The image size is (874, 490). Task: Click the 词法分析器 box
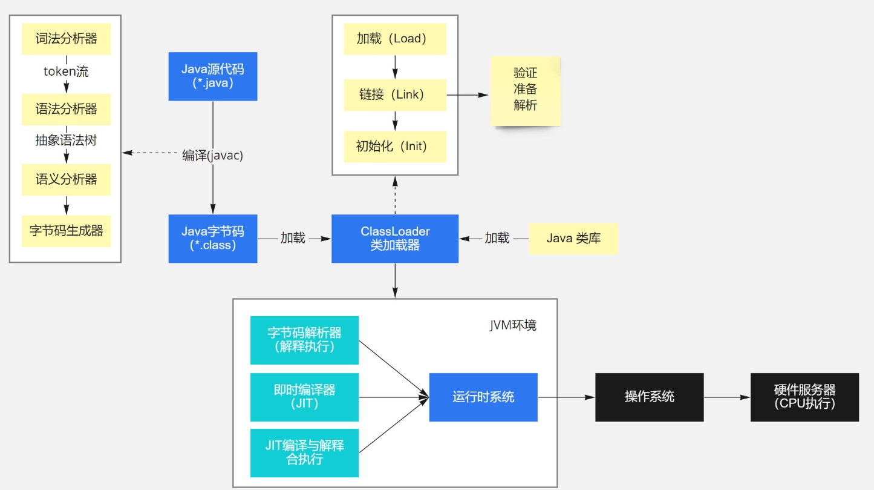pos(67,39)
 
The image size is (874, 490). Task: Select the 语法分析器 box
pos(67,109)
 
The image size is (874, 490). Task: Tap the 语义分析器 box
pos(67,179)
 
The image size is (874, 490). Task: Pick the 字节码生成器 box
pos(67,231)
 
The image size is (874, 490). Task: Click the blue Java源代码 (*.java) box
pos(212,76)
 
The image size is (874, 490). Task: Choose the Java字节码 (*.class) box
pos(212,239)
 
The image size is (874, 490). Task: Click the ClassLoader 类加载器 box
pos(395,239)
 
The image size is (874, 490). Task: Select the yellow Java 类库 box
pos(573,238)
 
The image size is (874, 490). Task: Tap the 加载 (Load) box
pos(395,39)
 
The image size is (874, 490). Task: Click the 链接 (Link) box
pos(395,94)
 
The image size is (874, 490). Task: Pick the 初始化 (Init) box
pos(395,147)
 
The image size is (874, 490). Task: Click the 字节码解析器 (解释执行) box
pos(304,340)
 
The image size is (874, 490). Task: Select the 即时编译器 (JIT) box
pos(304,397)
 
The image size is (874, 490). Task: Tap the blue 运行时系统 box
pos(483,397)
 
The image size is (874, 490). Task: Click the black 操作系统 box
pos(650,397)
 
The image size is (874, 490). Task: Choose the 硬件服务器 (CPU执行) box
pos(804,397)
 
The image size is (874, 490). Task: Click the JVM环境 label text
pos(513,325)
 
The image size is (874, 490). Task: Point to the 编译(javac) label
pos(213,155)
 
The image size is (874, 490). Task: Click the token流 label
pos(66,71)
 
